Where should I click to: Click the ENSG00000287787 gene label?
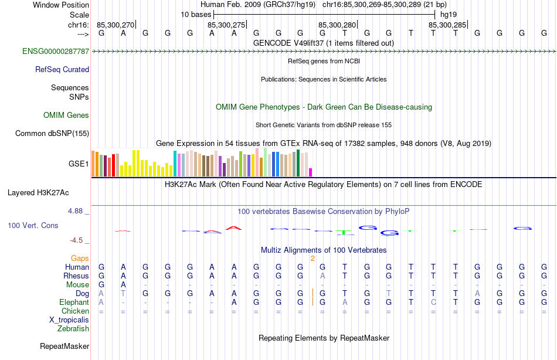[56, 52]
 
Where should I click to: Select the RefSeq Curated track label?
[62, 69]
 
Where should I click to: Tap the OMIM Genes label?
[66, 115]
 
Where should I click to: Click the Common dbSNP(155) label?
[52, 133]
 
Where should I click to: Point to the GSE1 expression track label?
[79, 164]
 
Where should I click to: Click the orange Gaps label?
[80, 258]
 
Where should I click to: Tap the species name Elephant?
[74, 302]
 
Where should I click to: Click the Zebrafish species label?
[73, 328]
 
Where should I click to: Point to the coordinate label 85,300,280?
[337, 25]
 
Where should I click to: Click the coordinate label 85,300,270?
[116, 25]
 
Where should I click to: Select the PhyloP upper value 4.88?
[77, 210]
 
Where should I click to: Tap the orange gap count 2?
[313, 258]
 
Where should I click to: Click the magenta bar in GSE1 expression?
[311, 172]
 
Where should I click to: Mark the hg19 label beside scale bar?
[448, 14]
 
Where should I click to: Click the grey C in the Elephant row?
[433, 302]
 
